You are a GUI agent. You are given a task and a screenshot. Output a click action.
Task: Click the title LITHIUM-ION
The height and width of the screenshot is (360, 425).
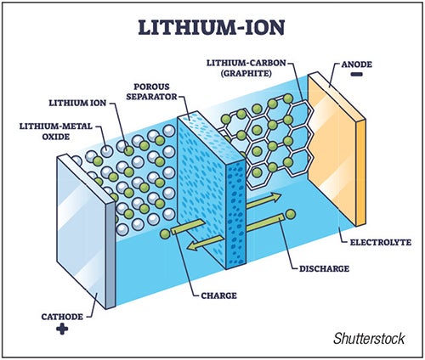[212, 27]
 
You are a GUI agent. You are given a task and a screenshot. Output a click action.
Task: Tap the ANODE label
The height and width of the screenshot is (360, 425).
[356, 65]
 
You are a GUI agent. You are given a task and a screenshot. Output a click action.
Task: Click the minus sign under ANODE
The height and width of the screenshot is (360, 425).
[356, 75]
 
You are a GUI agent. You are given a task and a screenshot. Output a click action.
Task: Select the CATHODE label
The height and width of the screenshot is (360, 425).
[62, 317]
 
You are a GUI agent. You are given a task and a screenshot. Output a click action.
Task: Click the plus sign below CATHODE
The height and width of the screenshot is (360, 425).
[62, 329]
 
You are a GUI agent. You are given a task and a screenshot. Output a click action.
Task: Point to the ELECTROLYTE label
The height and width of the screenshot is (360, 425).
[381, 243]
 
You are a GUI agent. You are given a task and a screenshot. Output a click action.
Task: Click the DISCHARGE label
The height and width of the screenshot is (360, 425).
[324, 268]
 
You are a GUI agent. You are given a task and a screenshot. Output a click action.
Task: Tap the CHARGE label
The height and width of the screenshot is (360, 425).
[218, 295]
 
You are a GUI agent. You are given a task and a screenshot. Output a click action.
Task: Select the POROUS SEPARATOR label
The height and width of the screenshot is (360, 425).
[151, 92]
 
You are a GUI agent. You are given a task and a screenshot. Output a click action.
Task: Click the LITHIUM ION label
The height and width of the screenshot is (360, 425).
[77, 103]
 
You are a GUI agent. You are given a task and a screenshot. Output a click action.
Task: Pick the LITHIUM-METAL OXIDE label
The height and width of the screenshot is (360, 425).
[56, 132]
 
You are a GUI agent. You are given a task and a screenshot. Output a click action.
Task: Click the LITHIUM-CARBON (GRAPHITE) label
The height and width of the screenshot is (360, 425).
[246, 68]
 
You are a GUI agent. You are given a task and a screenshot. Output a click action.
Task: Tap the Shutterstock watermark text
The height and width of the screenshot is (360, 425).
[369, 339]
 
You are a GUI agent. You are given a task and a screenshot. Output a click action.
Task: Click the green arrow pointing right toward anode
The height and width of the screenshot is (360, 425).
[263, 200]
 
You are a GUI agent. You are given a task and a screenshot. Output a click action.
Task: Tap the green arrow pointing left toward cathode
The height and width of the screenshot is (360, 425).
[206, 243]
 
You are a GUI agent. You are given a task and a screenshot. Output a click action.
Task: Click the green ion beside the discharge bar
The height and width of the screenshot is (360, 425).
[291, 215]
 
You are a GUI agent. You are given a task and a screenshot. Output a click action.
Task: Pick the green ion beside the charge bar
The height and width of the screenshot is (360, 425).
[165, 234]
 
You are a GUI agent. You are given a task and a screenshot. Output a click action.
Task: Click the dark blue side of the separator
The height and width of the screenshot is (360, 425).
[235, 215]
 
